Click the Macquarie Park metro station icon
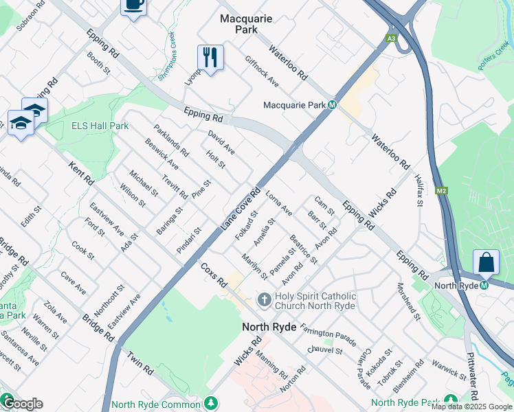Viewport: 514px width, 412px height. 332,105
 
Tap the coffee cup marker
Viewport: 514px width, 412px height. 133,4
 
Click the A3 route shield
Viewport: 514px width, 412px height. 391,38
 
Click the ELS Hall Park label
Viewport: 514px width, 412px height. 100,126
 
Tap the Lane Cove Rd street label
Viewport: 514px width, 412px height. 241,207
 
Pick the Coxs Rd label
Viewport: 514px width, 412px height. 214,273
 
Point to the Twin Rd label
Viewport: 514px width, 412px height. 140,362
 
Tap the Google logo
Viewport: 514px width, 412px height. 23,404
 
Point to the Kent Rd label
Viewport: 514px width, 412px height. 82,172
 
